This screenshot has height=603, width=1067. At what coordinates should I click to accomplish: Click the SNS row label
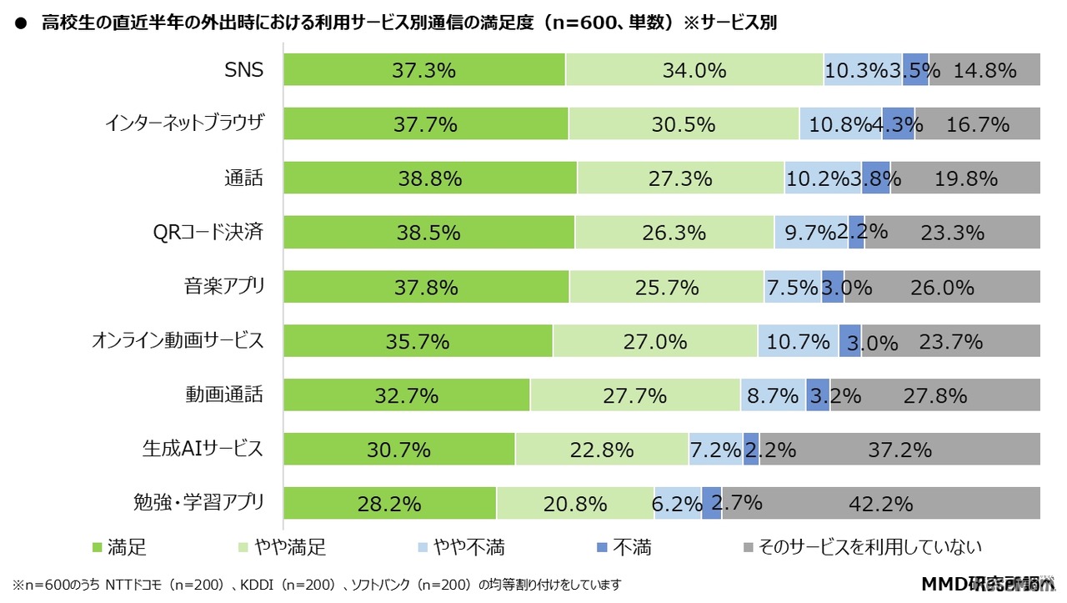[243, 70]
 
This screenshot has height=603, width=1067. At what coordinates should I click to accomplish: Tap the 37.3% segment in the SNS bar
[423, 70]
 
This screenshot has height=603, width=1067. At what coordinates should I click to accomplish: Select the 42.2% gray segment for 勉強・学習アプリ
[880, 504]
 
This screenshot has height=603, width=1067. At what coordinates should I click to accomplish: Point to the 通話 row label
[243, 178]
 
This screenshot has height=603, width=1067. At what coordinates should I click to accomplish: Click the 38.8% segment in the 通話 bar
[429, 178]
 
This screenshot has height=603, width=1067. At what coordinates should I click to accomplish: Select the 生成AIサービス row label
[203, 450]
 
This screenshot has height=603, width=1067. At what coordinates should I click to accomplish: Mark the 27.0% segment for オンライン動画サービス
[655, 341]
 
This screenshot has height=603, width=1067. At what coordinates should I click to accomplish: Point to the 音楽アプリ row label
[224, 287]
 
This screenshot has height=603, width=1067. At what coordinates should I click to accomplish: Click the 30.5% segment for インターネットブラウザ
[684, 124]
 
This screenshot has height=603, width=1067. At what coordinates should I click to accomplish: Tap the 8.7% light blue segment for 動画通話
[773, 395]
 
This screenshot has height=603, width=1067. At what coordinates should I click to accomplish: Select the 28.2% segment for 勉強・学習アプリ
[389, 504]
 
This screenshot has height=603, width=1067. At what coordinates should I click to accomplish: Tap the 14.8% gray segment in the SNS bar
[984, 70]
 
